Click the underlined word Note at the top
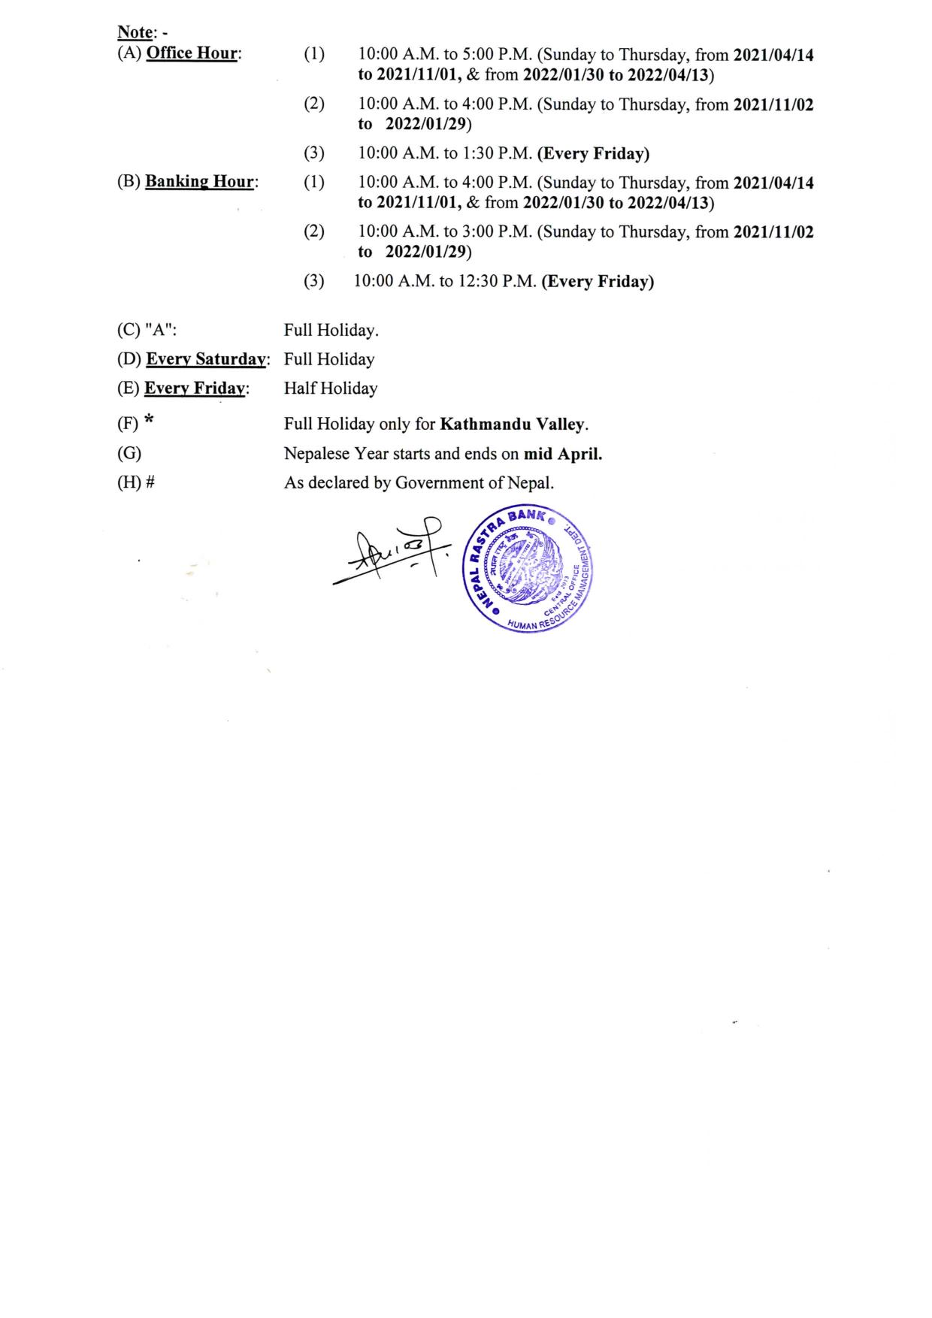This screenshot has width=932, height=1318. click(x=135, y=32)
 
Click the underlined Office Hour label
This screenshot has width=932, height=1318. click(x=192, y=53)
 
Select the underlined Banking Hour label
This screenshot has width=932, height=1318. click(x=200, y=181)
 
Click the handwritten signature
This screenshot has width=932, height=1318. click(x=391, y=552)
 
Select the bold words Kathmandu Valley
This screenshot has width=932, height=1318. click(x=513, y=425)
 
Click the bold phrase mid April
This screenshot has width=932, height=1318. click(x=562, y=454)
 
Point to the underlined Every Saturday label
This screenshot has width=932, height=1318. click(x=206, y=359)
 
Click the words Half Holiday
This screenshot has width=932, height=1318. click(x=331, y=388)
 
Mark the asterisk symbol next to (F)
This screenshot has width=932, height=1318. click(x=149, y=422)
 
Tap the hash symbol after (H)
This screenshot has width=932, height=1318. click(x=150, y=483)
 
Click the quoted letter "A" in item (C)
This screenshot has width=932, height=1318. click(x=159, y=331)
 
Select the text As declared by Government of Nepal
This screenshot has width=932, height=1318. click(x=419, y=483)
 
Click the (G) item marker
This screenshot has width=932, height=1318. click(x=129, y=454)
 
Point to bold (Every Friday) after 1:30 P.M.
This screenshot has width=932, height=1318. click(x=593, y=153)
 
